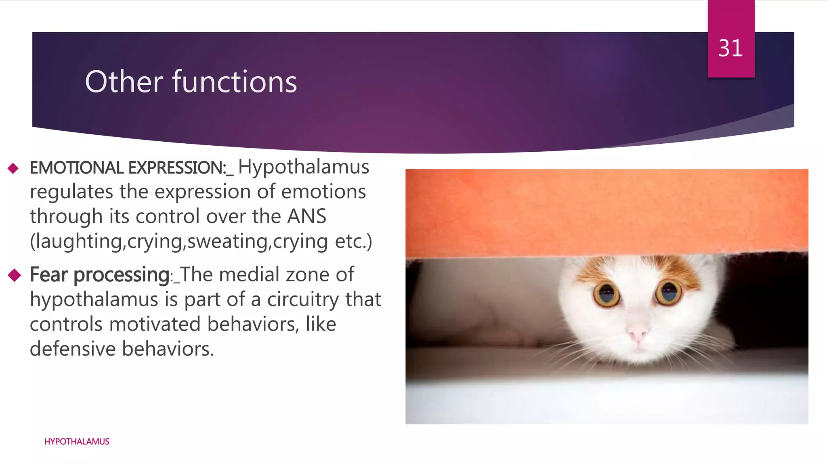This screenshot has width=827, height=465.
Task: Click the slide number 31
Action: point(730,48)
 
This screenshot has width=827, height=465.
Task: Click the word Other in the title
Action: point(124,82)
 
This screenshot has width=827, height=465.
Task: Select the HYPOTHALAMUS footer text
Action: point(77,442)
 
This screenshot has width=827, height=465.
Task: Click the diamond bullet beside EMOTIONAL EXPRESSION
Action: point(13,168)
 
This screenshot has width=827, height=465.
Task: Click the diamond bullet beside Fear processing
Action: point(14,275)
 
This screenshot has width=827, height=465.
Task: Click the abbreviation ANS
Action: point(306,217)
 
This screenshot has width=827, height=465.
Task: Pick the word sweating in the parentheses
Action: point(227,241)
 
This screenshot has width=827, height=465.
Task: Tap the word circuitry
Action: point(303,300)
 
